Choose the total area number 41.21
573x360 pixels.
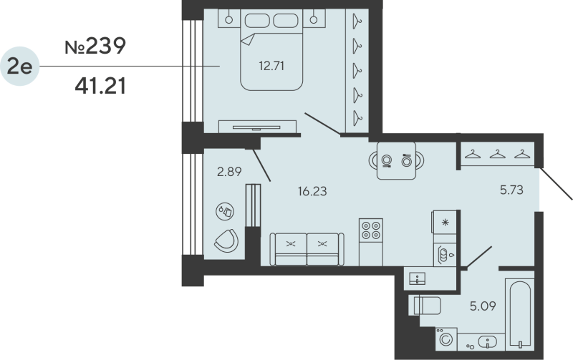point(100,87)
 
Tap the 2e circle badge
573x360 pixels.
point(19,67)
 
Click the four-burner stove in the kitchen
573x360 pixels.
point(371,230)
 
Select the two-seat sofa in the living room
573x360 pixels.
point(306,248)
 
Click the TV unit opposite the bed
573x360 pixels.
point(258,126)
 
